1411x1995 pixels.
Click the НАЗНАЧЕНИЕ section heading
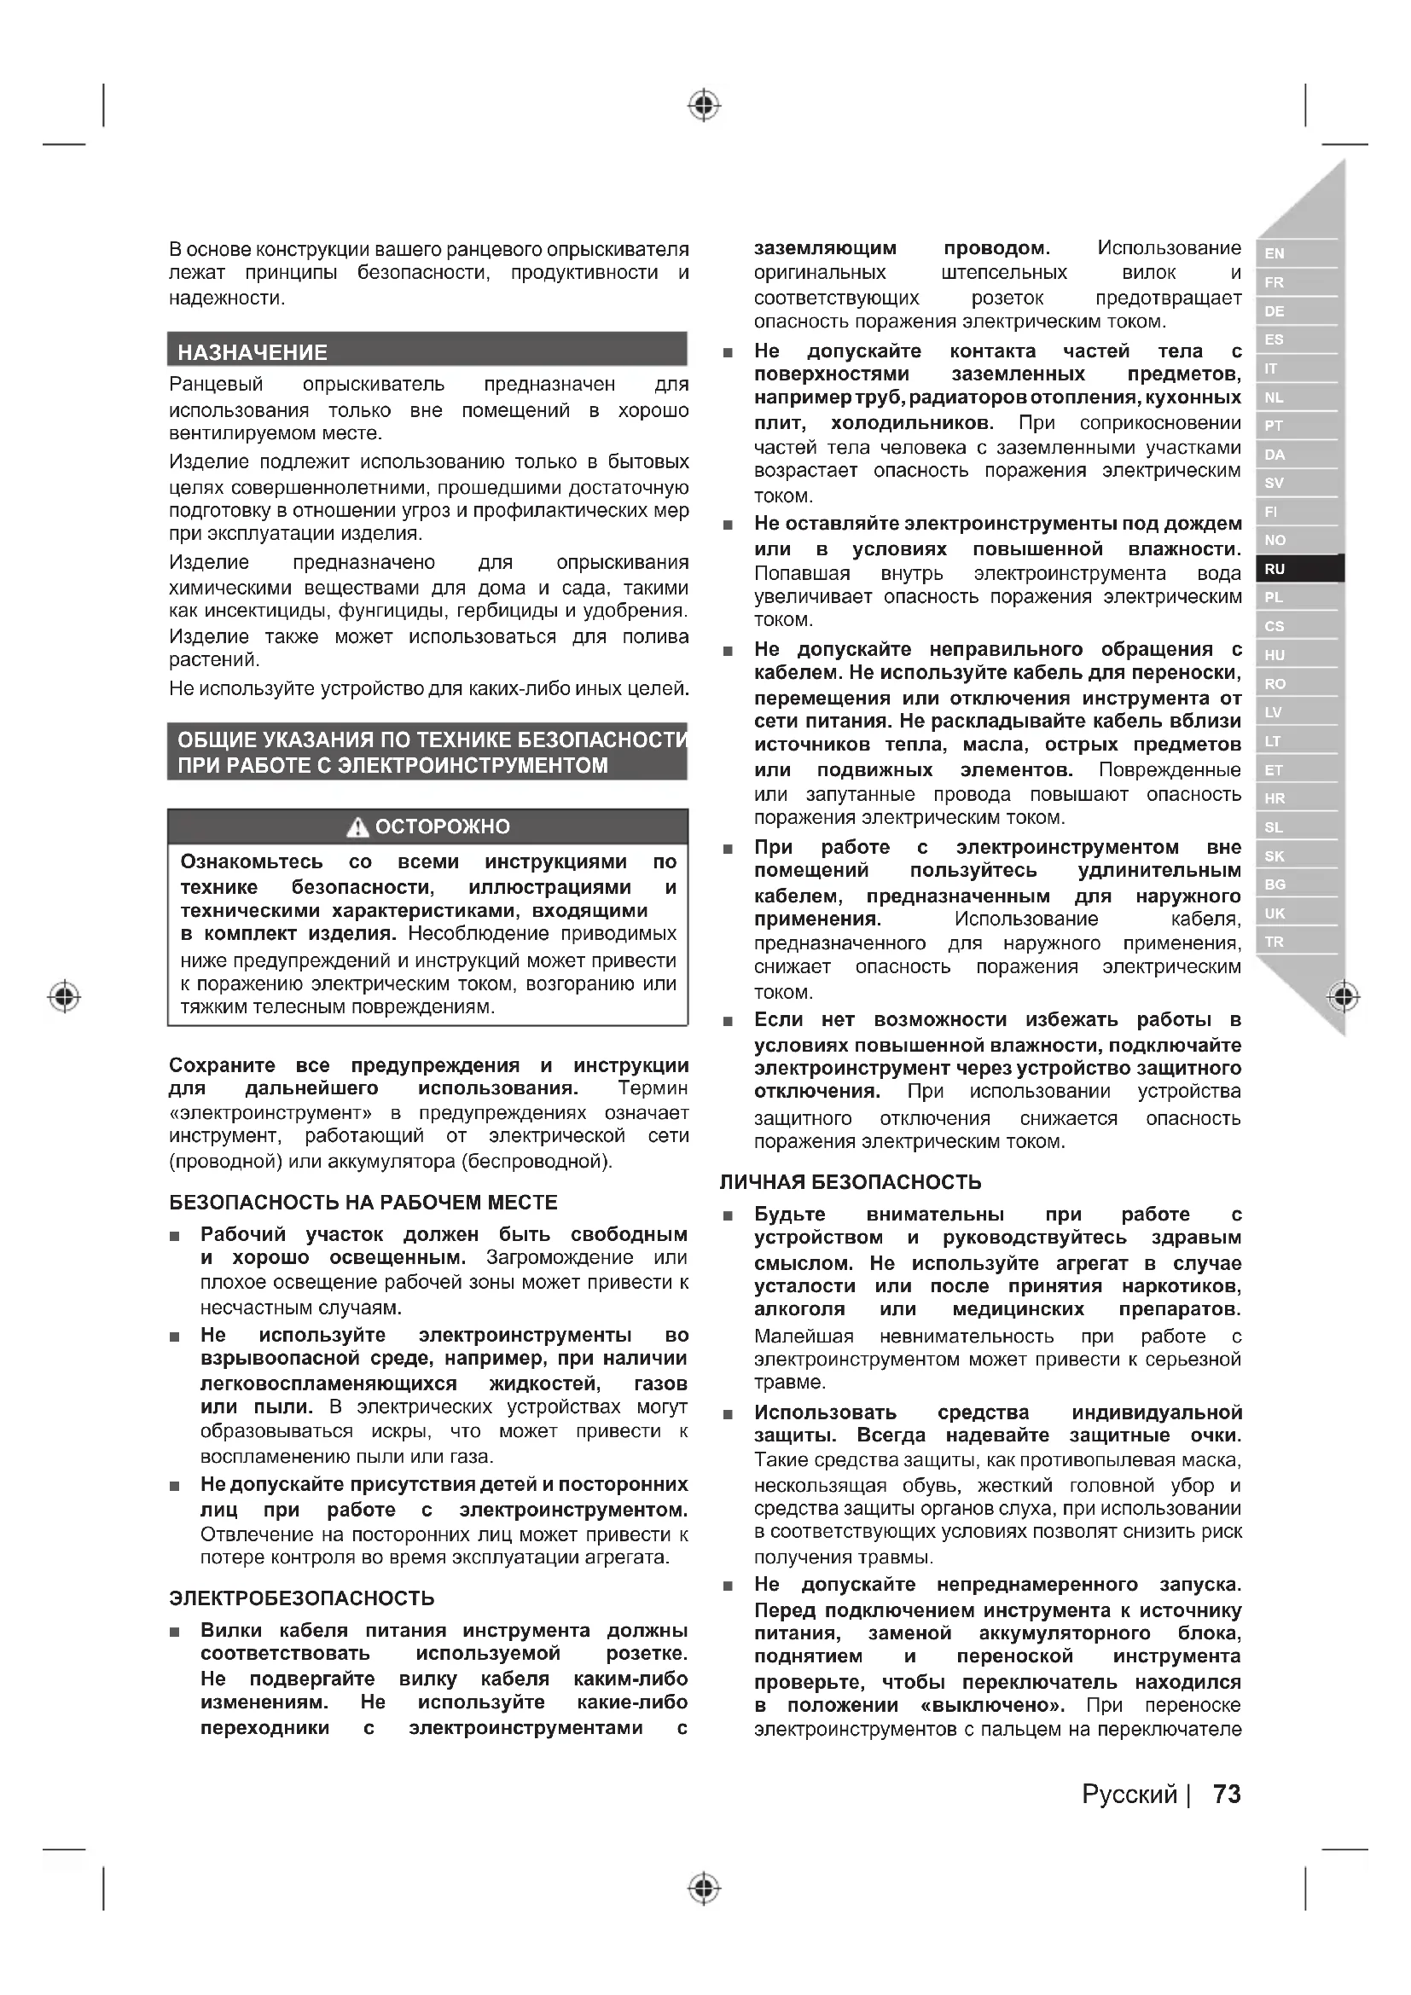point(253,353)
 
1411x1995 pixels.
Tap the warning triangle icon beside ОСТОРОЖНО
point(357,827)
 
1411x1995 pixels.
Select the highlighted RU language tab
point(1275,569)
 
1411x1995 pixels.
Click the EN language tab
point(1275,253)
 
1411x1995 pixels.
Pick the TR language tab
point(1275,942)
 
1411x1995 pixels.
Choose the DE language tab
point(1275,311)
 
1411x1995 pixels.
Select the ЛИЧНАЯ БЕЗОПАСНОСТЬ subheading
point(851,1181)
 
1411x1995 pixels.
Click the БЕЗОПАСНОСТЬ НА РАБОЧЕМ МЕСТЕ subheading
point(363,1203)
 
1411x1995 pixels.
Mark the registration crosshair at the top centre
point(705,106)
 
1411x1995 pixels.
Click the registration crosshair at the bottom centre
point(705,1888)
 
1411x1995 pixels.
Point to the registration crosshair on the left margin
point(64,995)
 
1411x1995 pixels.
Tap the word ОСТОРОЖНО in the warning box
point(442,827)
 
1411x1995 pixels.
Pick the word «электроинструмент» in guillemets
point(270,1113)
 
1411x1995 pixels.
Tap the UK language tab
point(1275,913)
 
